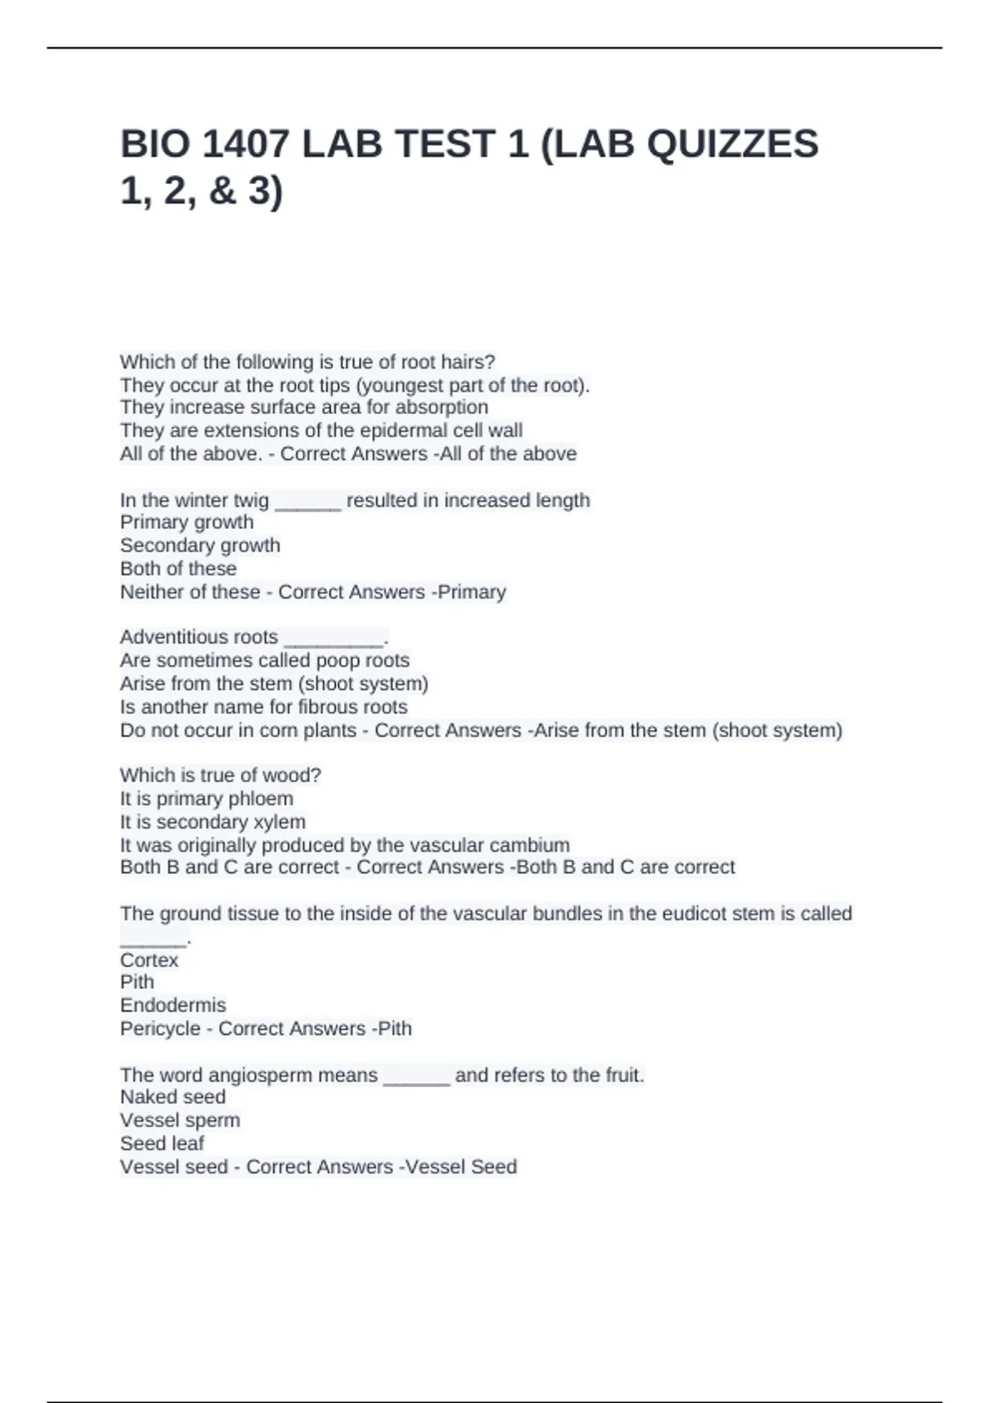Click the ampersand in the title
pos(223,191)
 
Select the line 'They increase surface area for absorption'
pos(304,408)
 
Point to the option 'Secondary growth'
pos(200,546)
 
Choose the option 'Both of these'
pos(178,569)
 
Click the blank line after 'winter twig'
pos(308,502)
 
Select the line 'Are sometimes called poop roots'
pos(264,660)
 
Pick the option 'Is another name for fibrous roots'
pos(263,707)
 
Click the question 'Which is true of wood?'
pos(220,776)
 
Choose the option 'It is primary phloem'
pos(206,799)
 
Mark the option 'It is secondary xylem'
pos(212,822)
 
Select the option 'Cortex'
pos(148,960)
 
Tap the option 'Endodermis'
pos(172,1005)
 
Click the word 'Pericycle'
pos(160,1029)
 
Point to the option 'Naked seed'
pos(172,1097)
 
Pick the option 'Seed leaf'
pos(162,1144)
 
